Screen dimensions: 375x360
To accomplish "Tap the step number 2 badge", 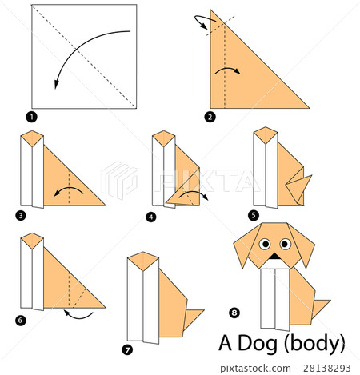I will click(210, 117).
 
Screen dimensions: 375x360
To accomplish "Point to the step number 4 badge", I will click(150, 215).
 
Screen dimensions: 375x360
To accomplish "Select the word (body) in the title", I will click(317, 345).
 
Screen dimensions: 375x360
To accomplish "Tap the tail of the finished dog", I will click(320, 308).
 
